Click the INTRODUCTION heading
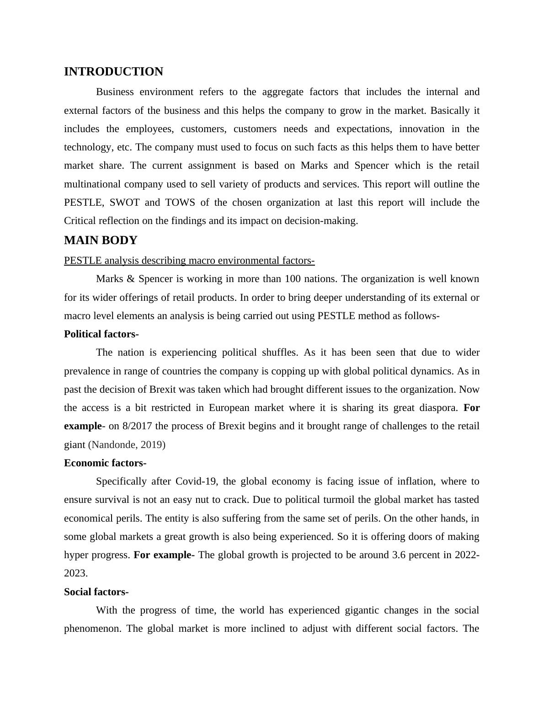[113, 72]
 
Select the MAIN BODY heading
[101, 240]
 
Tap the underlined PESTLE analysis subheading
[189, 261]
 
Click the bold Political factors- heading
[101, 334]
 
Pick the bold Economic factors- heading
[105, 463]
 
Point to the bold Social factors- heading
[96, 592]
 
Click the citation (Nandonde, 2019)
[127, 445]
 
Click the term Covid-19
[196, 481]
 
